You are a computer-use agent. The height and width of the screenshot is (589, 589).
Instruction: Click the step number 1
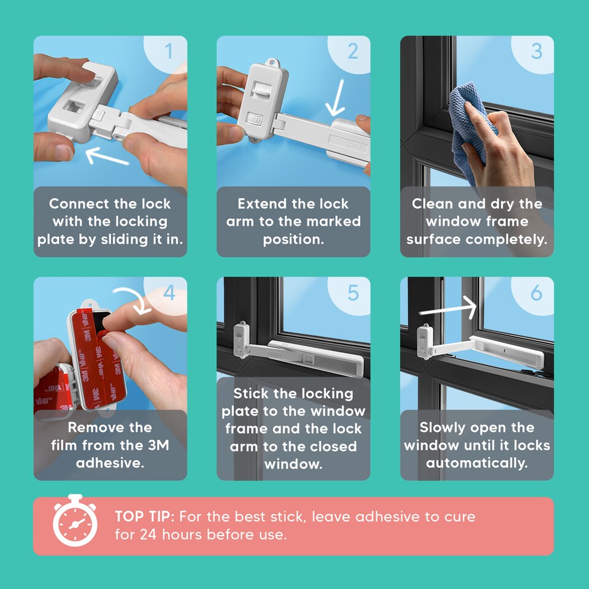point(169,51)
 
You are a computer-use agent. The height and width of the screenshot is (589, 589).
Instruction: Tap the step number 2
point(353,51)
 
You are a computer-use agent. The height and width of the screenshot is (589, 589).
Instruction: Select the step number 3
point(536,51)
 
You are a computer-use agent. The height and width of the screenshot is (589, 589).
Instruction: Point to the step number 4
point(169,293)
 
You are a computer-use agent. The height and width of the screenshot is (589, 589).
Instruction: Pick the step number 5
point(353,293)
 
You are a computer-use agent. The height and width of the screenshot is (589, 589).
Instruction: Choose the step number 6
point(536,293)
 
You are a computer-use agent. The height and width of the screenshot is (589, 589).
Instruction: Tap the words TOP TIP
point(145,517)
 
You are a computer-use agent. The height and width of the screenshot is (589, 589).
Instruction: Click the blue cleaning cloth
point(469,128)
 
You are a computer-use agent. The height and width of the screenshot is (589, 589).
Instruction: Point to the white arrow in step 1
point(107,156)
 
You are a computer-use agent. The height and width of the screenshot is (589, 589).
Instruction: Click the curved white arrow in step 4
point(134,299)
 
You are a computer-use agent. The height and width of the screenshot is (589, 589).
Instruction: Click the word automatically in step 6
point(477,463)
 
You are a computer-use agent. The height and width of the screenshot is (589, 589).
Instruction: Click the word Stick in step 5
point(251,393)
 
